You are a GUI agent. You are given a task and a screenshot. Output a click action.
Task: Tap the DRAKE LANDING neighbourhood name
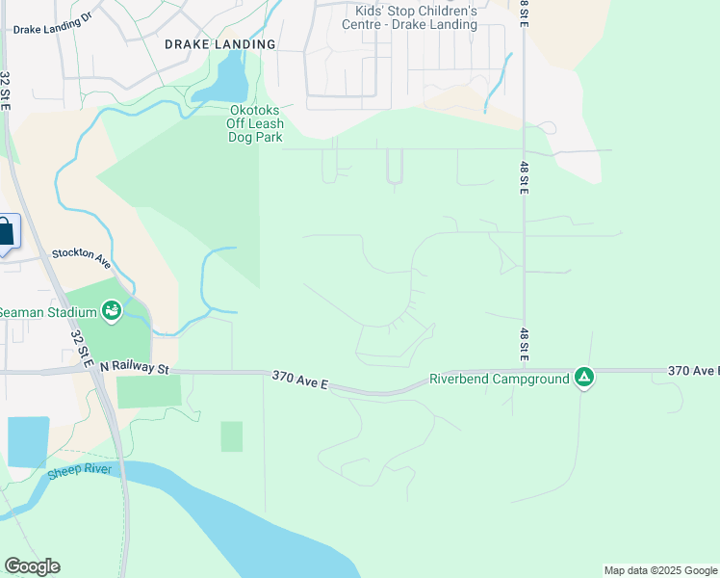point(219,44)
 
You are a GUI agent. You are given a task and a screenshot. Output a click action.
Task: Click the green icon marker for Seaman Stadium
point(112,310)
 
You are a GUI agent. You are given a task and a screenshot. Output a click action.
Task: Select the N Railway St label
point(134,368)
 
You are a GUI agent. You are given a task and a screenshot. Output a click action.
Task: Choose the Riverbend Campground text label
point(499,378)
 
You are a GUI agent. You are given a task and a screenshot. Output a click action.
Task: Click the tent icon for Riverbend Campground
point(583,377)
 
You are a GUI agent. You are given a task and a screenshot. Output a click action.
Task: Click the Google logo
point(32,566)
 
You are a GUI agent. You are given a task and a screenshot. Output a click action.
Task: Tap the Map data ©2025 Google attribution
point(660,570)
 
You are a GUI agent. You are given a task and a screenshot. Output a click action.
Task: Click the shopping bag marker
point(5,233)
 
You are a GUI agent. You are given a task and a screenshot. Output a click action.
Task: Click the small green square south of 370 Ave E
point(231,435)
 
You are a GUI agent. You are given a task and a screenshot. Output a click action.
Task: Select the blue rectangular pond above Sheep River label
point(27,440)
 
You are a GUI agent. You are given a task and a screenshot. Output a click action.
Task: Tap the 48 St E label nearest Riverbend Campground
point(524,344)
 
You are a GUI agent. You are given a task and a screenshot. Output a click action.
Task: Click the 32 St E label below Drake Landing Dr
point(6,91)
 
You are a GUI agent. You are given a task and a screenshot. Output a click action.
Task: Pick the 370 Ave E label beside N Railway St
point(300,381)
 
